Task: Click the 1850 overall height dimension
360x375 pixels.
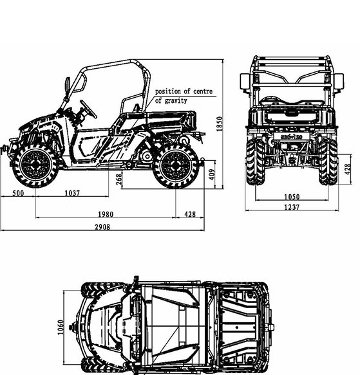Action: pyautogui.click(x=220, y=124)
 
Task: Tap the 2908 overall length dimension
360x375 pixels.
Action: pyautogui.click(x=103, y=227)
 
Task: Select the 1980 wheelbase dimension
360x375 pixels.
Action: pyautogui.click(x=106, y=214)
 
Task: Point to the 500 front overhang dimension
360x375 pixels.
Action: pyautogui.click(x=18, y=193)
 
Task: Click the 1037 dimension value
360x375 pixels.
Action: pyautogui.click(x=72, y=193)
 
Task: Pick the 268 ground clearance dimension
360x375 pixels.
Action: pyautogui.click(x=118, y=179)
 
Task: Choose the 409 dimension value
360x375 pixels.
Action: pyautogui.click(x=212, y=174)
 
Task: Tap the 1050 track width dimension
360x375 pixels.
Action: pyautogui.click(x=292, y=197)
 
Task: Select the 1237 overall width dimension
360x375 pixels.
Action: pyautogui.click(x=292, y=207)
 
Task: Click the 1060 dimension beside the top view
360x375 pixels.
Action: pyautogui.click(x=61, y=327)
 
